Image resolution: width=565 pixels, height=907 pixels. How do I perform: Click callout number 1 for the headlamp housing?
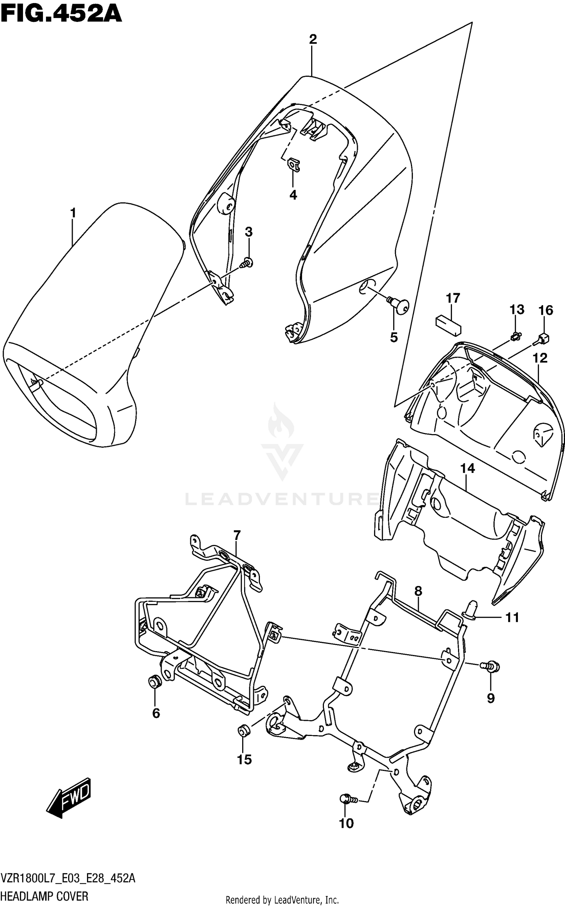73,213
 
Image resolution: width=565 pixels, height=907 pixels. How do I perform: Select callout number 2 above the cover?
313,39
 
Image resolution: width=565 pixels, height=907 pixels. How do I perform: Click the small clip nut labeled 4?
294,165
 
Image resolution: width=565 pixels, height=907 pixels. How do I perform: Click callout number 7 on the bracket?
237,535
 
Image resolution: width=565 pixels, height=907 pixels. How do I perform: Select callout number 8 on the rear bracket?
418,592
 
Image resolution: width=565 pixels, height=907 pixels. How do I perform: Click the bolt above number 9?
491,667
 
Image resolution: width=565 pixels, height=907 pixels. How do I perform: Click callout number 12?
540,358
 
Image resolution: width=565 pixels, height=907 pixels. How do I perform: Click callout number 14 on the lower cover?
467,469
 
